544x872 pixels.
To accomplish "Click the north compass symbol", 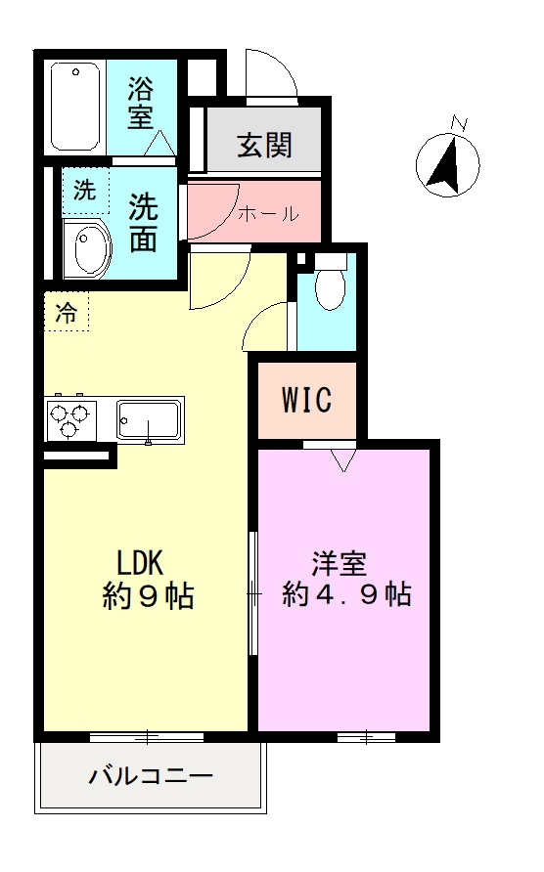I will tap(449, 162).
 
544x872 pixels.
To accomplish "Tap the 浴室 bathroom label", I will tap(143, 105).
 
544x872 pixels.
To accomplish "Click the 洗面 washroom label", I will tap(144, 222).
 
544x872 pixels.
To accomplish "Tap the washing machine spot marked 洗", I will tap(85, 192).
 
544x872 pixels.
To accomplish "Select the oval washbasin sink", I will tap(86, 248).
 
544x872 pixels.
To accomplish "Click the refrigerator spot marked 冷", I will tap(66, 314).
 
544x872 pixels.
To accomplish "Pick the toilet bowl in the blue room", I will tap(330, 284).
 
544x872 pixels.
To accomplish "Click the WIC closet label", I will tap(307, 400).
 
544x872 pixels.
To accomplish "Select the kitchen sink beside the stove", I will tap(149, 420).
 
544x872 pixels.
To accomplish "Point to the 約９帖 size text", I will tap(148, 595).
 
